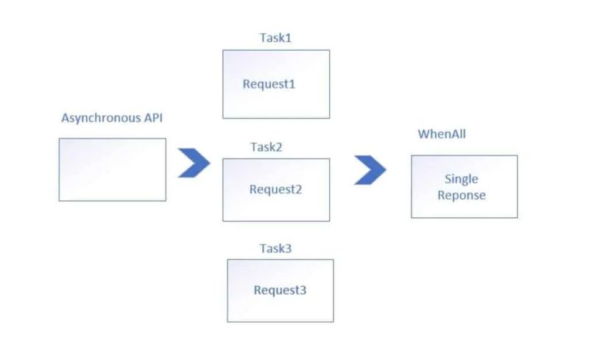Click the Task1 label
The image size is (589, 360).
[x=275, y=38]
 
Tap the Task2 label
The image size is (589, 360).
[x=267, y=147]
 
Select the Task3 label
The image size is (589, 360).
[x=275, y=248]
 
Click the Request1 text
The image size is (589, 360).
[x=269, y=84]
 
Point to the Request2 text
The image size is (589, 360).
[x=275, y=189]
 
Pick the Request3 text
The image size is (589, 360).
[x=280, y=290]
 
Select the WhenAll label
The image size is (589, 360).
[x=442, y=134]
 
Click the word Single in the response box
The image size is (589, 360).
[x=462, y=179]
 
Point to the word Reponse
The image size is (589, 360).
[x=462, y=195]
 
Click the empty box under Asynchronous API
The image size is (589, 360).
[x=112, y=169]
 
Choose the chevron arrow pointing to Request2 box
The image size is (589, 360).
[x=194, y=163]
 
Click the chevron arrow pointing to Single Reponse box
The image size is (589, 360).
[x=370, y=169]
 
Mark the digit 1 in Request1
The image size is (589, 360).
[x=292, y=84]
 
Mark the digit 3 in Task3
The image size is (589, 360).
[x=289, y=248]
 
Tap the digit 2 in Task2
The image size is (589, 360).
[x=279, y=147]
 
